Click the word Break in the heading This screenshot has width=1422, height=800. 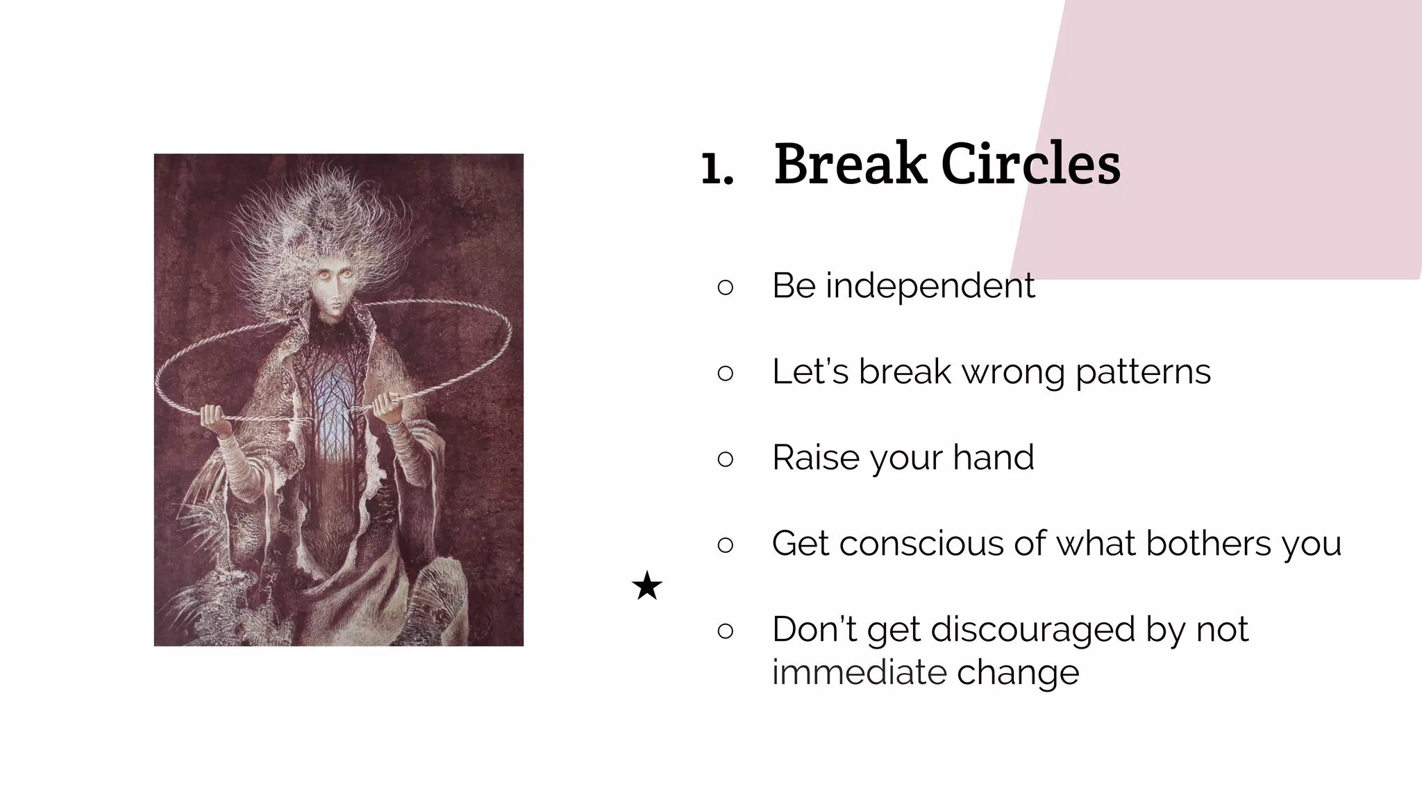850,164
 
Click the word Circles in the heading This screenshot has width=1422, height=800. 1030,164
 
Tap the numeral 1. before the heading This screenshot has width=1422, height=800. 717,168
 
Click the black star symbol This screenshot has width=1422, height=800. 647,586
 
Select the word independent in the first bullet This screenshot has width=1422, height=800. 930,285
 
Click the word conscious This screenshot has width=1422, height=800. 922,544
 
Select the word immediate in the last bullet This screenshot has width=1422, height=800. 859,672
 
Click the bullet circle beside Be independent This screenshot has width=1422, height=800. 725,287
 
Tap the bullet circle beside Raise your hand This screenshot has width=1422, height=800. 725,458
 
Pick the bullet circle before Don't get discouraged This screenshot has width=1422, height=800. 725,631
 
